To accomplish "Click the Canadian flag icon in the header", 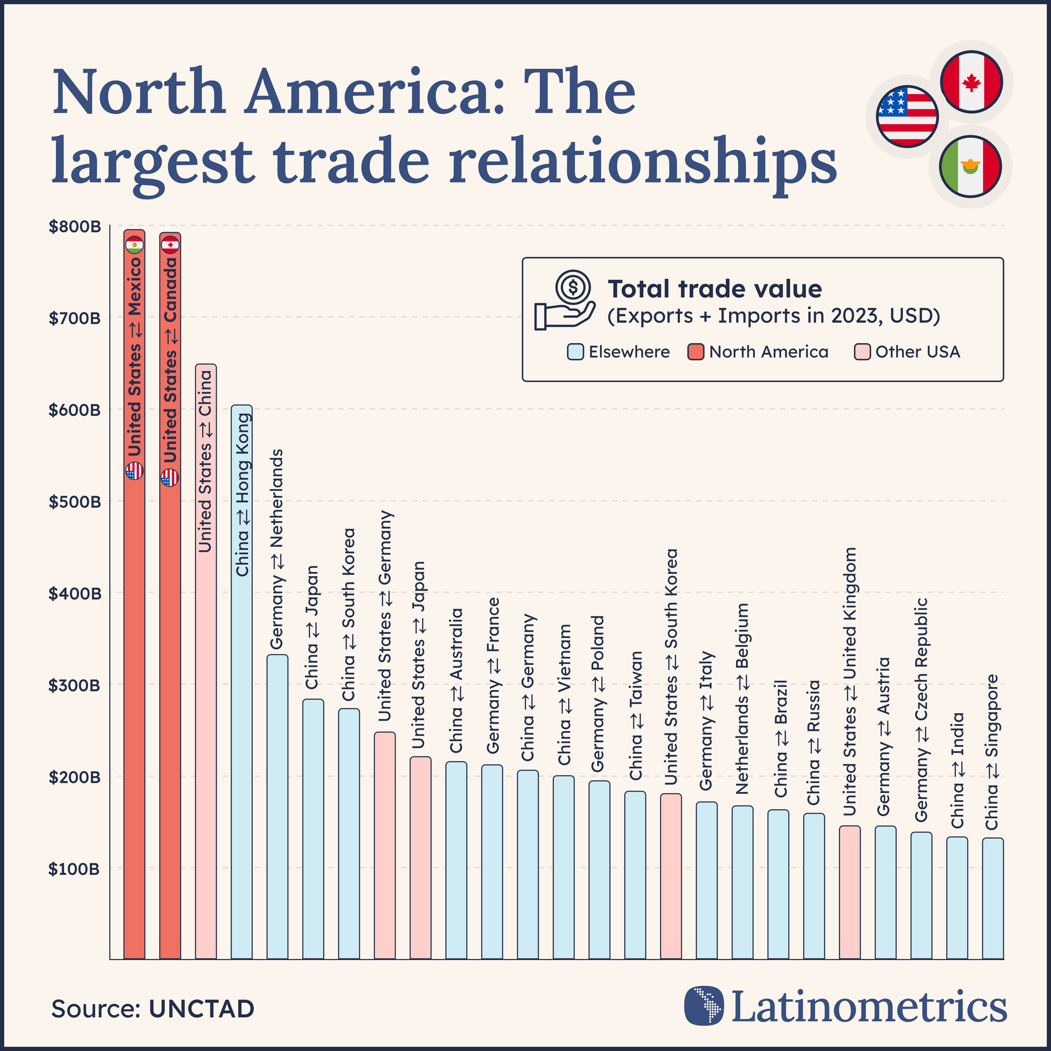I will coord(971,82).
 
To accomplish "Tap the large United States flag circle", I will coord(907,117).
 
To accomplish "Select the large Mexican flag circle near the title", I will coord(970,166).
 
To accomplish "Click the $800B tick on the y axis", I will coord(75,227).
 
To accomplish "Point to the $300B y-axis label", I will coord(75,685).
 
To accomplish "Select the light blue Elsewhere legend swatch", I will coord(575,352).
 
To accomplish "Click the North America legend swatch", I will coord(695,352).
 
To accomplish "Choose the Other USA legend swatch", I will coord(862,352).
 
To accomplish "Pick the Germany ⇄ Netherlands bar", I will coord(278,810).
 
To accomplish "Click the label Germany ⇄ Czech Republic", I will coord(921,709).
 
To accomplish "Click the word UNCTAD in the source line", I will coord(201,1008).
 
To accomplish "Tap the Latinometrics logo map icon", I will coord(704,1005).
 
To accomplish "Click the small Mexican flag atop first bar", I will coord(134,246).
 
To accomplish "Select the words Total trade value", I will coord(714,289).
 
